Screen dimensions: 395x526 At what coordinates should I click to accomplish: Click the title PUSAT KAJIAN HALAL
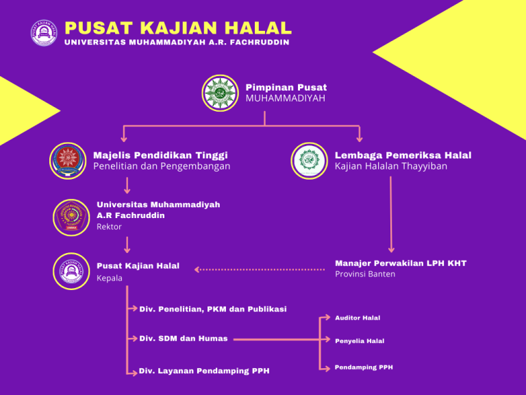(177, 28)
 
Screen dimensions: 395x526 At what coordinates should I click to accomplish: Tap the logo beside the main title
(44, 33)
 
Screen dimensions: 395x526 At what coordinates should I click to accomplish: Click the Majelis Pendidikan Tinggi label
(160, 155)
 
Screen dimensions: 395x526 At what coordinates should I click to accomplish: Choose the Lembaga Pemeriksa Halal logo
(308, 160)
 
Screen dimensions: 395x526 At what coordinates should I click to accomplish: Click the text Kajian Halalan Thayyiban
(390, 167)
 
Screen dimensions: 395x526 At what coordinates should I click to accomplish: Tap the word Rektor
(109, 226)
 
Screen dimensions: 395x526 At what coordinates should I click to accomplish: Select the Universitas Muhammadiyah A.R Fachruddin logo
(71, 217)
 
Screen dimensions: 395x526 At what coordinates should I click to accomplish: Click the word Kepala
(110, 278)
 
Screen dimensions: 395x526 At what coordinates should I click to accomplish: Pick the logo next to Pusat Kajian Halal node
(71, 271)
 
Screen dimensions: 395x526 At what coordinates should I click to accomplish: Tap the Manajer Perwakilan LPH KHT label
(400, 263)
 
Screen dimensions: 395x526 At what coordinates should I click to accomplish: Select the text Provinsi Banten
(364, 274)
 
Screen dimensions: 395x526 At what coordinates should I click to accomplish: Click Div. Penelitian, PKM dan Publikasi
(212, 309)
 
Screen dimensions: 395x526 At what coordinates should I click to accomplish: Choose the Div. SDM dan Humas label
(183, 338)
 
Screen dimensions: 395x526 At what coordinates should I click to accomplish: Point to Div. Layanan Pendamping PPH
(204, 371)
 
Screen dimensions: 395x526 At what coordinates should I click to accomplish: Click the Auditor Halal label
(358, 318)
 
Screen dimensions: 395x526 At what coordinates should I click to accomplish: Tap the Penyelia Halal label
(360, 341)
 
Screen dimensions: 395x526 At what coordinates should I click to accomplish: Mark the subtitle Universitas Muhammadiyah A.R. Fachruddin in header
(177, 43)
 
